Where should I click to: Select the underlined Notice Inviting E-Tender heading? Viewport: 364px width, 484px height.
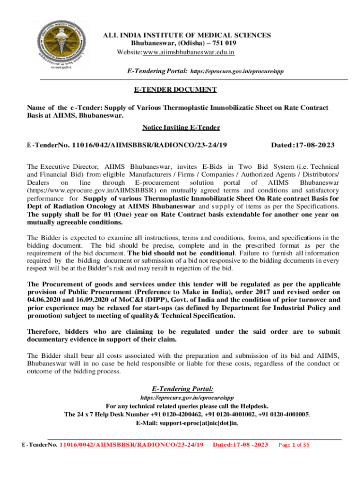pos(181,127)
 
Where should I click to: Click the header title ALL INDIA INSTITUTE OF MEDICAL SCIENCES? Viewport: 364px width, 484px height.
pos(187,35)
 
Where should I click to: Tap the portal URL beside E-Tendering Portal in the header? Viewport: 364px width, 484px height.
pos(236,71)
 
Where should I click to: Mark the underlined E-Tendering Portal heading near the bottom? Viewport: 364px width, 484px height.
pos(182,389)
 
